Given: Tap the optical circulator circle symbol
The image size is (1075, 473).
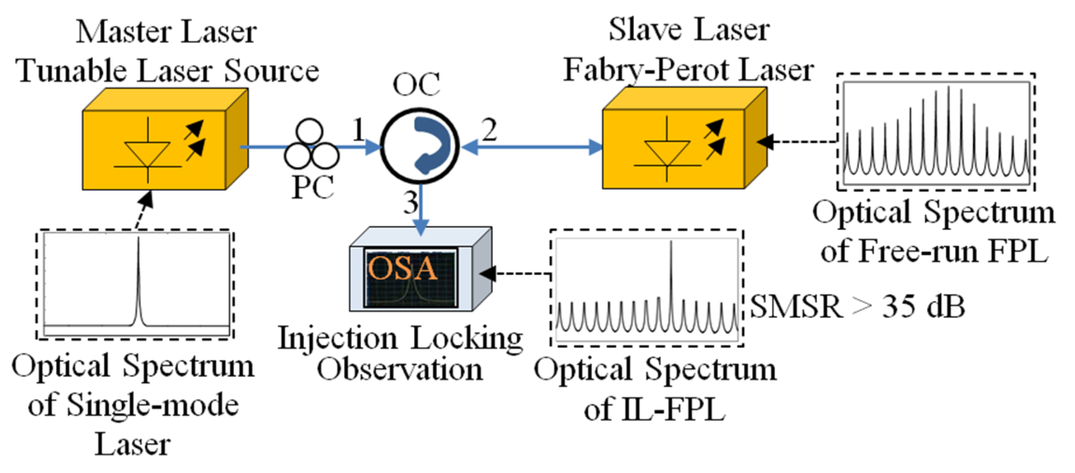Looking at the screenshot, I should [x=420, y=146].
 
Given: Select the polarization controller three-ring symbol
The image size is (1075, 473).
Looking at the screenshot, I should [x=311, y=145].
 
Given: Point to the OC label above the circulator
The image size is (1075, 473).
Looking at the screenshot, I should [x=416, y=85].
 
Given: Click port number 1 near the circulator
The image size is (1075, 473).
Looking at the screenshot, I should [x=358, y=129].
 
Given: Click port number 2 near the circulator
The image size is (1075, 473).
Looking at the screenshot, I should [x=489, y=130].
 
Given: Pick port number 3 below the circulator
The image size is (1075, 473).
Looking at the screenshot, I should [x=411, y=203].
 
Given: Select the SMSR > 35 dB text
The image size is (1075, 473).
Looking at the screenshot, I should [x=857, y=307].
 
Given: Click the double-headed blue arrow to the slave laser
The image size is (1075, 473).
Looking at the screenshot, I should [x=532, y=147].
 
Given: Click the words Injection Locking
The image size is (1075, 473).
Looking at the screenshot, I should [x=400, y=338].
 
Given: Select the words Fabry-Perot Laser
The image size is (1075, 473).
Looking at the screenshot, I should [x=688, y=70].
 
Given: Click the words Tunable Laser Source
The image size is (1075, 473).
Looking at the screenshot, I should [x=167, y=71].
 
